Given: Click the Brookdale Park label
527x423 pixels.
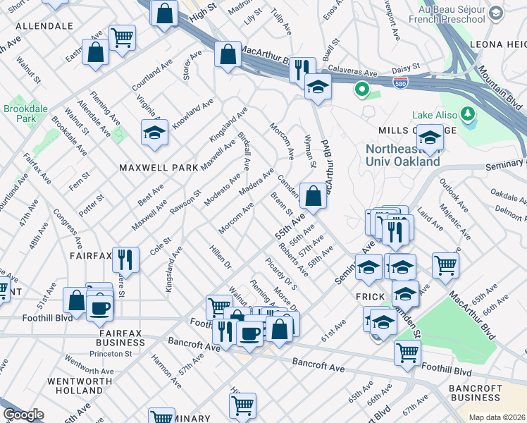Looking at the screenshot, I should [19, 114].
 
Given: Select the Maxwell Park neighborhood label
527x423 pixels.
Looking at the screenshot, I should [151, 168].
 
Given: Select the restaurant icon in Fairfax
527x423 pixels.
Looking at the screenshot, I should [125, 258].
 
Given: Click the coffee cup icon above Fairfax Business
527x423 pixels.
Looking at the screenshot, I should [99, 307].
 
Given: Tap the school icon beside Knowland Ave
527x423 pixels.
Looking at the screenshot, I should [154, 131].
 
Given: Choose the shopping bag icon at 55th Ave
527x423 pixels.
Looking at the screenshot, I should [313, 195].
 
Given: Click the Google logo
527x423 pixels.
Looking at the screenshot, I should [23, 415].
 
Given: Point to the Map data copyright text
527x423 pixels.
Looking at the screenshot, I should [497, 417].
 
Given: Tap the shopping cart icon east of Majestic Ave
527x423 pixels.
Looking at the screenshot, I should [445, 264].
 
